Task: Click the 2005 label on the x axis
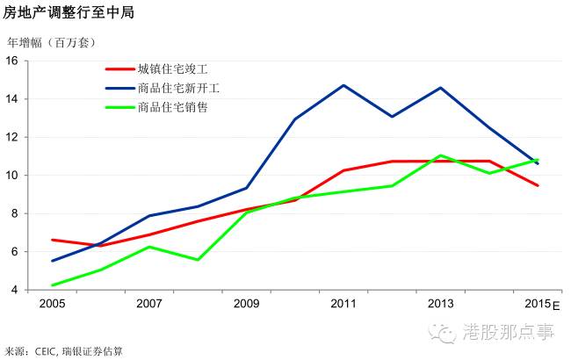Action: click(53, 304)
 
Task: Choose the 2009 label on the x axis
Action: click(246, 304)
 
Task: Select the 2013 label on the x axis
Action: click(440, 304)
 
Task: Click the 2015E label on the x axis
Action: click(540, 304)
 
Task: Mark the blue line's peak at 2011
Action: click(343, 85)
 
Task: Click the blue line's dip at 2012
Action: click(392, 117)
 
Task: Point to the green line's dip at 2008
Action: click(198, 260)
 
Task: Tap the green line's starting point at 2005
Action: click(53, 285)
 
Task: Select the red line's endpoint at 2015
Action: click(538, 185)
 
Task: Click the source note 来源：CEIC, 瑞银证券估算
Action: click(64, 350)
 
